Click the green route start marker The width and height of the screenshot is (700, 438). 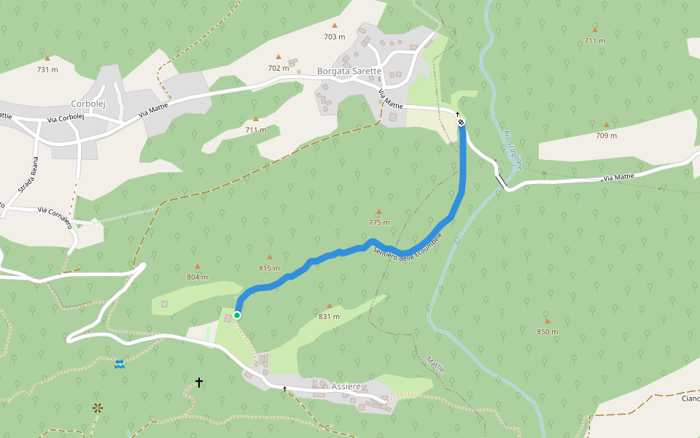coord(237,315)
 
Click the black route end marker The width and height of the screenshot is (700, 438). coord(461,122)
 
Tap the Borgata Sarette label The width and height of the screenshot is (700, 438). coord(349,71)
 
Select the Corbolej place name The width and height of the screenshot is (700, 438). coord(88,104)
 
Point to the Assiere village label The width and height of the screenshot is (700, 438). coord(346,385)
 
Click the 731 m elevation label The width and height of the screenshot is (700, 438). coord(47,69)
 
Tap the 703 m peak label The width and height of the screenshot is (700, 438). coord(335,36)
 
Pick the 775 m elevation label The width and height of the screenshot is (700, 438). coord(379,223)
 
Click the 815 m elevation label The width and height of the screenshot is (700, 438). coord(269,268)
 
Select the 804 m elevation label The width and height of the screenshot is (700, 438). coord(197,277)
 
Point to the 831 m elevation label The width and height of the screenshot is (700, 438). coord(329,316)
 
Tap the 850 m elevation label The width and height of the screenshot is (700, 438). coord(547,331)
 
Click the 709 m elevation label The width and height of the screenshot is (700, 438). coord(606,135)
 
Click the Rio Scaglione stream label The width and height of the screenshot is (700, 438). coord(513,150)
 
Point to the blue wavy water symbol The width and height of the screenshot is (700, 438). coord(120,364)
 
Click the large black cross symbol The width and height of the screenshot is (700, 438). coord(199,382)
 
